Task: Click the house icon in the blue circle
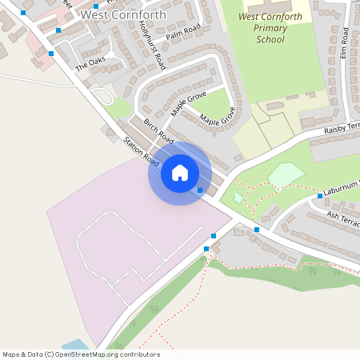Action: pos(180,173)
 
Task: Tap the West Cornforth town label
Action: pos(124,14)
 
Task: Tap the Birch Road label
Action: pos(158,130)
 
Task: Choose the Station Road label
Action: pos(138,150)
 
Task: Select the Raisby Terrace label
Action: pos(343,130)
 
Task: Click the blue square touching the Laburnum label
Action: pos(320,195)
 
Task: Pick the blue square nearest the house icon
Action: pos(200,190)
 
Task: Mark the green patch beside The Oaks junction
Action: pos(120,106)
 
